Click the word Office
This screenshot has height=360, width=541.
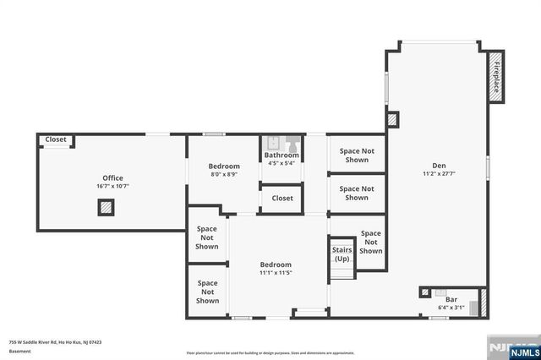pyautogui.click(x=112, y=178)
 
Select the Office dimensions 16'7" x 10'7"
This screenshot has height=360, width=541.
pyautogui.click(x=112, y=187)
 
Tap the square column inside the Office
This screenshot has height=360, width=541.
pyautogui.click(x=106, y=207)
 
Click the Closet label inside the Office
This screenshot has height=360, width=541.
pyautogui.click(x=56, y=139)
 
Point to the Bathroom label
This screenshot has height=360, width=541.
pyautogui.click(x=281, y=155)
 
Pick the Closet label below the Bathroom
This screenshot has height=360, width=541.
pyautogui.click(x=281, y=198)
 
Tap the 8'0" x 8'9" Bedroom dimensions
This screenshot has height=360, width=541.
pyautogui.click(x=224, y=175)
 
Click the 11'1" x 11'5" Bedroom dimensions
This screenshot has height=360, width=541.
pyautogui.click(x=276, y=273)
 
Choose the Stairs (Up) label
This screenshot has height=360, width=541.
pyautogui.click(x=342, y=254)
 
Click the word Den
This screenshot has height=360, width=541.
pyautogui.click(x=439, y=166)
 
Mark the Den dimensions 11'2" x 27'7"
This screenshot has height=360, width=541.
pyautogui.click(x=439, y=174)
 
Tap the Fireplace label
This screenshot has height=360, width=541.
pyautogui.click(x=496, y=77)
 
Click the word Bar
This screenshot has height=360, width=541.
pyautogui.click(x=451, y=299)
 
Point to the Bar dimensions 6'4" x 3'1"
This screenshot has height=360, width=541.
pyautogui.click(x=451, y=308)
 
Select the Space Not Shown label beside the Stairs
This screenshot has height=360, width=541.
pyautogui.click(x=370, y=242)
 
